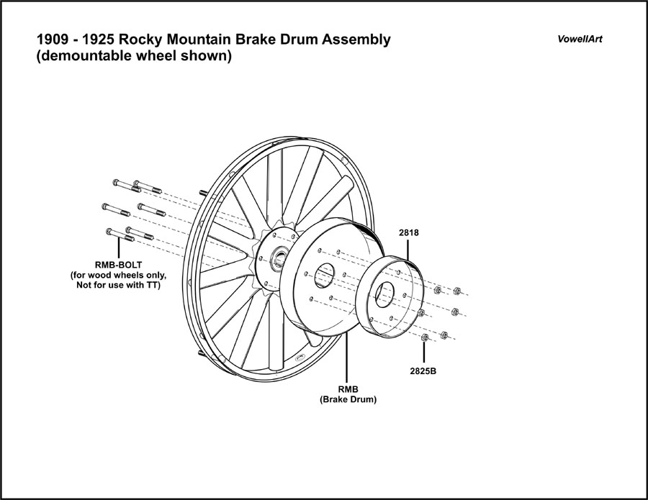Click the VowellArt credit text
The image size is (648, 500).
pos(579,39)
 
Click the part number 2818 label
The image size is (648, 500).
pos(408,233)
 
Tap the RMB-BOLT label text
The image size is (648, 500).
pos(110,263)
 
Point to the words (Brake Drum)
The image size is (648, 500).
pos(348,399)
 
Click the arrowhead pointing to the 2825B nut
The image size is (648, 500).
pos(424,346)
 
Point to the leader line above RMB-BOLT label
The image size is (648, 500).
pos(110,245)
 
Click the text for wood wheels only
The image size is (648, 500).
pos(117,275)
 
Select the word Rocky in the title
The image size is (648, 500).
pos(126,40)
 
